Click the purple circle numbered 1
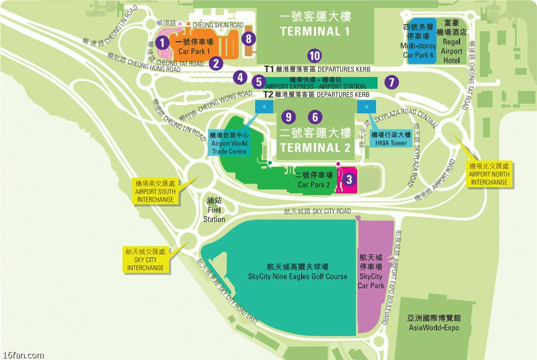coord(164,42)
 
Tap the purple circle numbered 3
coord(349,179)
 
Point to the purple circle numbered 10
coord(314,55)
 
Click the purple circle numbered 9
coord(288,116)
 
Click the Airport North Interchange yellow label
coord(489,174)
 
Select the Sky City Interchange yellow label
coord(145,259)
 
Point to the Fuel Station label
coord(214,210)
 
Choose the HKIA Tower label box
coord(390,139)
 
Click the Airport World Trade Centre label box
coord(229,143)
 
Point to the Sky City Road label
coord(317,211)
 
